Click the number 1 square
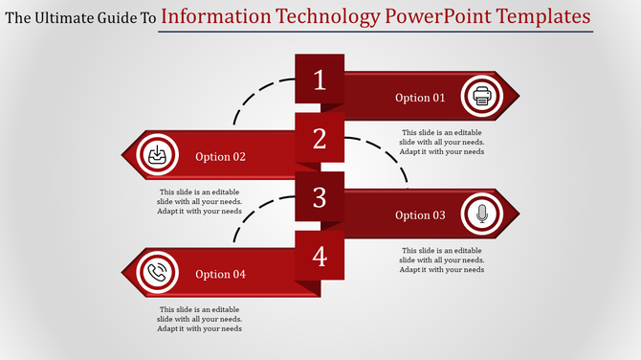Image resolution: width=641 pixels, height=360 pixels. pyautogui.click(x=320, y=80)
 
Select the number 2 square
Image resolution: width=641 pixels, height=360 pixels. pyautogui.click(x=320, y=139)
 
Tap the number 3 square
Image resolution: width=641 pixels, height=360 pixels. pyautogui.click(x=320, y=197)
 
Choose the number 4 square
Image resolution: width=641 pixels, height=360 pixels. pyautogui.click(x=320, y=256)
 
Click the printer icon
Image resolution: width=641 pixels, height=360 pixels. pyautogui.click(x=480, y=97)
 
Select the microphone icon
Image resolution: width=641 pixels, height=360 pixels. pyautogui.click(x=480, y=214)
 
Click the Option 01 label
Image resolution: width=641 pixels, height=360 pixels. pyautogui.click(x=420, y=98)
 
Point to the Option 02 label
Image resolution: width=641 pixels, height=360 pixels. pyautogui.click(x=220, y=157)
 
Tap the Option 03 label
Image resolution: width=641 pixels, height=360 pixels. pyautogui.click(x=420, y=215)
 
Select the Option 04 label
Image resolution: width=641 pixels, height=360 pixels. pyautogui.click(x=220, y=275)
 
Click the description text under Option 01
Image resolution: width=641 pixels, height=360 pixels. pyautogui.click(x=442, y=142)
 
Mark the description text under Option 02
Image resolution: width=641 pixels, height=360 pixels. pyautogui.click(x=199, y=201)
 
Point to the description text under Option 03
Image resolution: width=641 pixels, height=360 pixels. pyautogui.click(x=442, y=259)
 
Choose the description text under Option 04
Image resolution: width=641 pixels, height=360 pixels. pyautogui.click(x=199, y=319)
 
